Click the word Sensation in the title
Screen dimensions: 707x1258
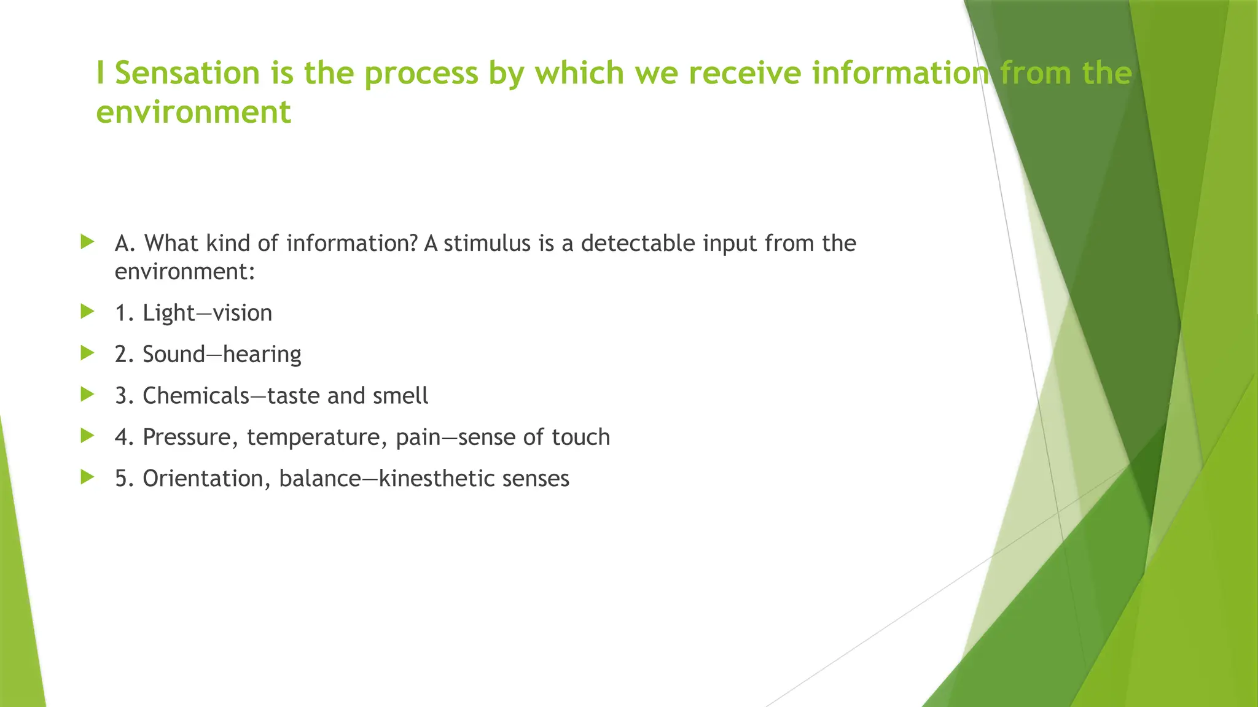pos(187,73)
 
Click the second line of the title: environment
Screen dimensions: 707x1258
pos(193,112)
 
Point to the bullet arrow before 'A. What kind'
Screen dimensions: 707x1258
pos(87,242)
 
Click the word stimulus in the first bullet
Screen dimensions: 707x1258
pos(486,244)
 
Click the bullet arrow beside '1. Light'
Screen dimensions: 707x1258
pos(87,312)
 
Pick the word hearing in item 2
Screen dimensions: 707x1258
pos(262,355)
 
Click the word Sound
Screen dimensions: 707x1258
pos(174,355)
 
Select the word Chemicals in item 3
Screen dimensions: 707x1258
pos(196,396)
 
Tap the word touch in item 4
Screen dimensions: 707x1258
pos(581,438)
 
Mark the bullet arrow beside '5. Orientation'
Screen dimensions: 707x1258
pos(87,477)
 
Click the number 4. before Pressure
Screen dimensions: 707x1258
pos(125,438)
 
